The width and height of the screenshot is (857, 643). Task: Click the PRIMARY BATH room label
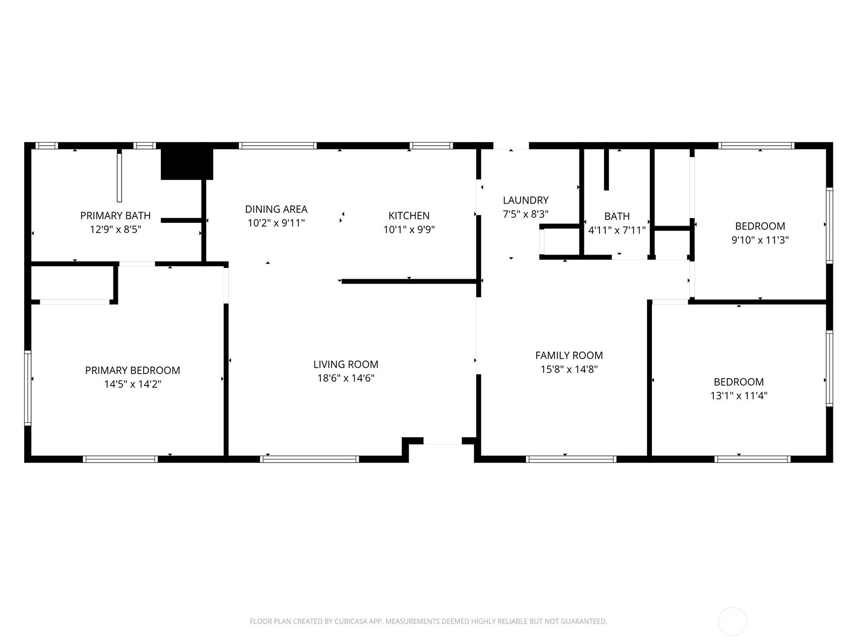point(115,215)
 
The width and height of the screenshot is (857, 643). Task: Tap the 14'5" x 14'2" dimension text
point(132,384)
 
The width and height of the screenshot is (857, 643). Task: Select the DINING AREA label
point(276,209)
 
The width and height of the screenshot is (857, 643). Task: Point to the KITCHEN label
point(409,215)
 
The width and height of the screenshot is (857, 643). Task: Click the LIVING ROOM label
point(345,364)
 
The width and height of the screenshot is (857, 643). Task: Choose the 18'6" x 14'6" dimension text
point(345,378)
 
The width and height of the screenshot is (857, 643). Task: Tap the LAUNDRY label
point(525,200)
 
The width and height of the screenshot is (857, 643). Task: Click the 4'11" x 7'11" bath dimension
point(617,230)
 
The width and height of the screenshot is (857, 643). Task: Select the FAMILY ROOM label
point(569,355)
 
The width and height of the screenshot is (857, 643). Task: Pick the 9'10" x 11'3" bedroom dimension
point(760,240)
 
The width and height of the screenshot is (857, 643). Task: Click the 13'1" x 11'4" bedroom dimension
point(738,396)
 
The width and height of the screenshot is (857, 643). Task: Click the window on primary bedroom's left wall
point(28,388)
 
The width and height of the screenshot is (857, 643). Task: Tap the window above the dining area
point(277,145)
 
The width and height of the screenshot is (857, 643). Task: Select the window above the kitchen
point(431,145)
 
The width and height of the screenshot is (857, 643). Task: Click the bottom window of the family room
point(571,459)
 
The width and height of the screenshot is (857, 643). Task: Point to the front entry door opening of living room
point(442,441)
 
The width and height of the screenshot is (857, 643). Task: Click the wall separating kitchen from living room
point(409,281)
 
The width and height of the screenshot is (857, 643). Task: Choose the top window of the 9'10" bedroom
point(755,145)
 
